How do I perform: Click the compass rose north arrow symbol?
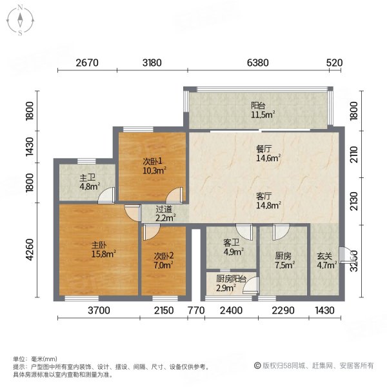pos(20,21)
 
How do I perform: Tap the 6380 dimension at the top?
pos(258,63)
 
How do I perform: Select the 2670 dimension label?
pos(87,63)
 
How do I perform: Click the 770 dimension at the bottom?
pos(196,310)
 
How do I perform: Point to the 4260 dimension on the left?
pos(30,250)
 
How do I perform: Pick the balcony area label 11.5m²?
pos(263,115)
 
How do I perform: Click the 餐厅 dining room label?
pos(264,149)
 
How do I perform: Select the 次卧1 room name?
pos(152,161)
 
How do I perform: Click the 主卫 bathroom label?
pos(87,178)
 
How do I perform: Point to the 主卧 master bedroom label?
pos(99,245)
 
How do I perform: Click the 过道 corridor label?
pos(164,210)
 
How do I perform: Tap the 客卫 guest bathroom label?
pos(232,243)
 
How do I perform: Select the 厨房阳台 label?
pos(232,279)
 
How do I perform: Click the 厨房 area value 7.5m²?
pos(285,265)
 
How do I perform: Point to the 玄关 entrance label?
pos(324,257)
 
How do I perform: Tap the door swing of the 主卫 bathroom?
pos(106,195)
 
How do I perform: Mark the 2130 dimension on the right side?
pos(354,201)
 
